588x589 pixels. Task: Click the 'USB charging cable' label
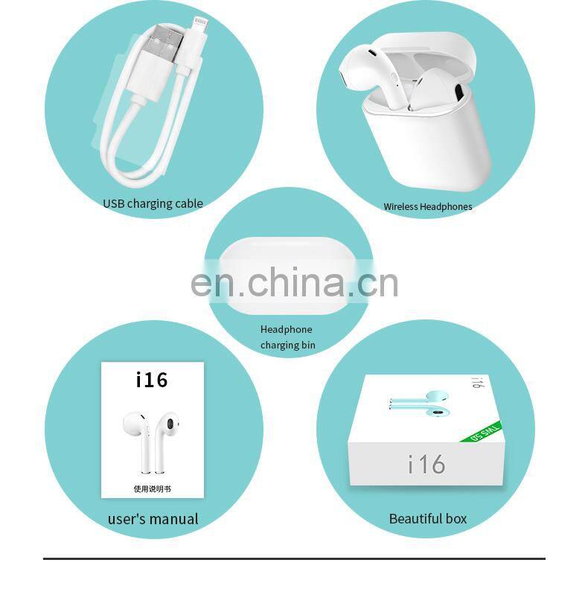pyautogui.click(x=153, y=203)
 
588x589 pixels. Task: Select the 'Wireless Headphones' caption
pyautogui.click(x=427, y=206)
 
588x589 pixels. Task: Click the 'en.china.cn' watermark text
pyautogui.click(x=294, y=282)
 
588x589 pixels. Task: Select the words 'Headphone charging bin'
pyautogui.click(x=287, y=337)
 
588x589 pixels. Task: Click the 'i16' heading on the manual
pyautogui.click(x=152, y=380)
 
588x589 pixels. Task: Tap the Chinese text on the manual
pyautogui.click(x=152, y=489)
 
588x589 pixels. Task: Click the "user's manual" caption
pyautogui.click(x=153, y=519)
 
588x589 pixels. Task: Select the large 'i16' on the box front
pyautogui.click(x=426, y=464)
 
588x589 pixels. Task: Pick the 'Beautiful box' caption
pyautogui.click(x=428, y=518)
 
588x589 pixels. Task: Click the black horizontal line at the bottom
pyautogui.click(x=294, y=558)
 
